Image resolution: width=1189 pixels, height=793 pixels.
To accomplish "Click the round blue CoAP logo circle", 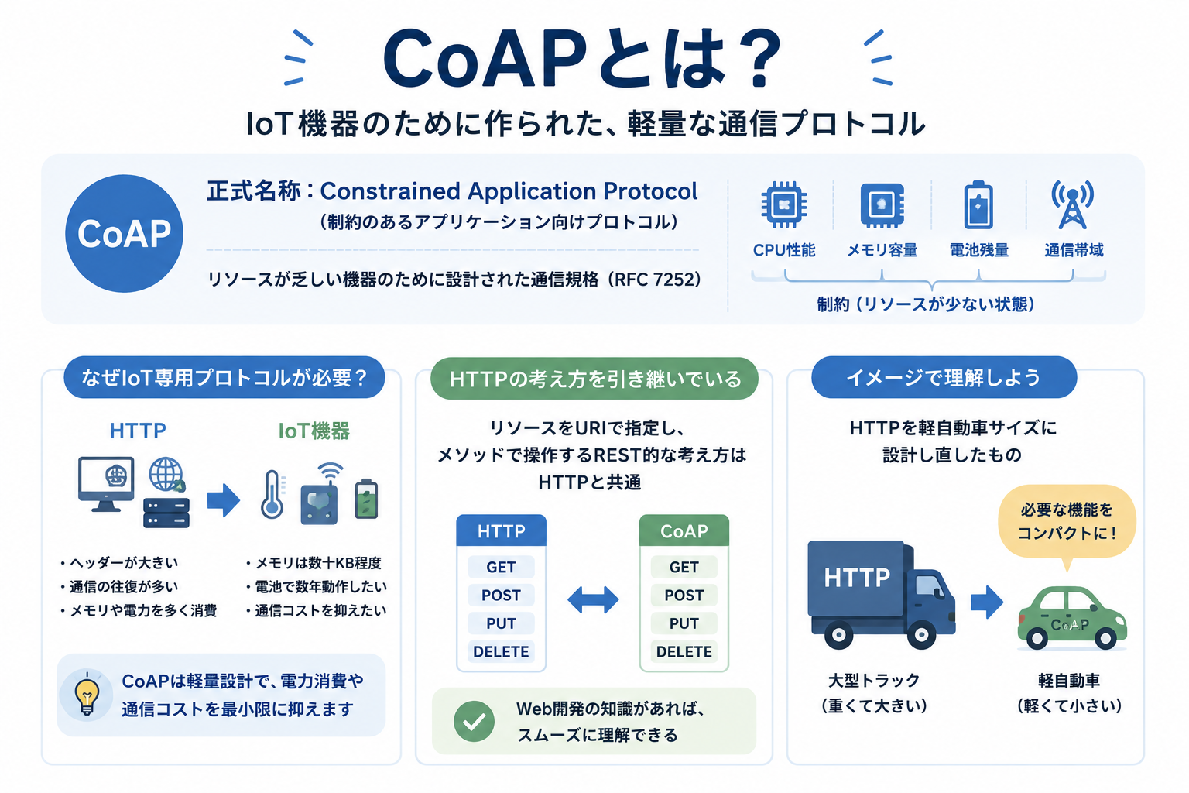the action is [x=124, y=233].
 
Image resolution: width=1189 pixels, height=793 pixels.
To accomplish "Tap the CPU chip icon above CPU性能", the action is [x=784, y=205].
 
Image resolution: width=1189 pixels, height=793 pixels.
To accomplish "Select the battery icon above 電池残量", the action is [x=978, y=205].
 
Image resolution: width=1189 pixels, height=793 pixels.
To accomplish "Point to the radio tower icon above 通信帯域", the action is [x=1073, y=204].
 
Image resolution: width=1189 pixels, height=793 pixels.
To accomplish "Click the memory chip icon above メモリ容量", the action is [x=882, y=205].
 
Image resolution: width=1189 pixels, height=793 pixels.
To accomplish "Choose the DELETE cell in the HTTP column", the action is [x=501, y=652].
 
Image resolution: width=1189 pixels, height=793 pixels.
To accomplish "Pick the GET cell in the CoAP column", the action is [x=684, y=568].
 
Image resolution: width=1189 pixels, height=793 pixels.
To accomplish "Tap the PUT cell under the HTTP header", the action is [x=501, y=623].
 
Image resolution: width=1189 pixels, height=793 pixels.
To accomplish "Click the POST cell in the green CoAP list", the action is [x=684, y=596].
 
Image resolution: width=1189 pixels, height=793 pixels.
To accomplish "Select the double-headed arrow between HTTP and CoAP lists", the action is [x=593, y=599].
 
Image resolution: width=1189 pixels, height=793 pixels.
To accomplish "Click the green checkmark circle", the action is [x=474, y=721].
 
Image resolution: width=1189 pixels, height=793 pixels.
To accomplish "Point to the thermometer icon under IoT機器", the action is [x=272, y=495].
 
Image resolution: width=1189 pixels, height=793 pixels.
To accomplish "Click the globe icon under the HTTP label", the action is [x=166, y=474].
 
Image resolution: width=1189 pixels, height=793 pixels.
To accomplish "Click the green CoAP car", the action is [x=1071, y=618].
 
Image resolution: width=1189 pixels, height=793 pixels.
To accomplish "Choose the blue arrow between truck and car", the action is [x=987, y=602].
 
